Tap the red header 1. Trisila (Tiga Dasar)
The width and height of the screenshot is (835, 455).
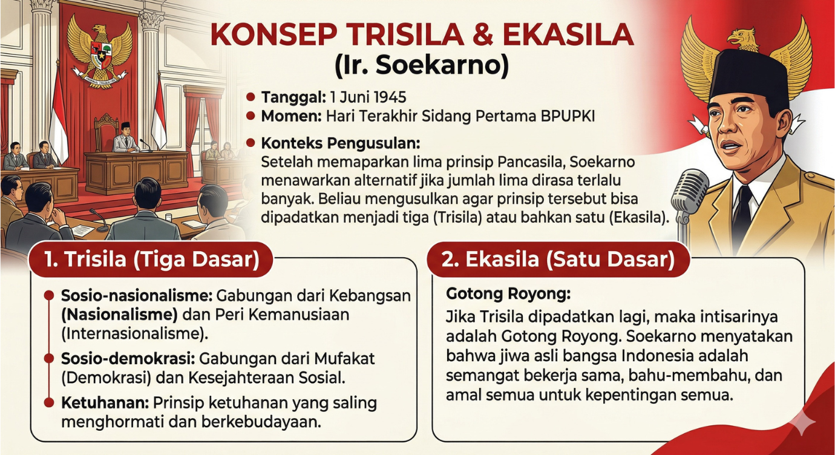(151, 260)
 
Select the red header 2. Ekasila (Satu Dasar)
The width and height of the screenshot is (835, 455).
(557, 260)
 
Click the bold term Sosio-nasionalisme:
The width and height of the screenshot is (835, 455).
(136, 296)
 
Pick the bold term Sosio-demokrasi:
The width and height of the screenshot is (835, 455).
(126, 359)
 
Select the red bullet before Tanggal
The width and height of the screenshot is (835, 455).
(251, 97)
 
